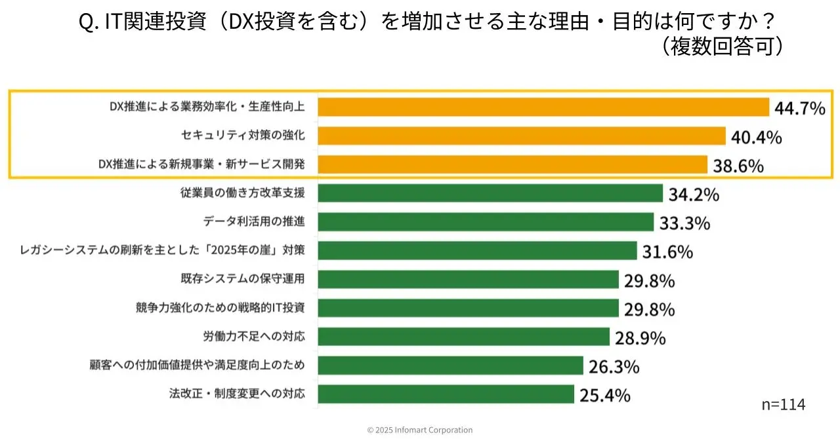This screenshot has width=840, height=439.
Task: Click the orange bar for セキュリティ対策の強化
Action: pyautogui.click(x=522, y=136)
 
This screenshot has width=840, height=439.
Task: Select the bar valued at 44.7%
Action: pyautogui.click(x=543, y=107)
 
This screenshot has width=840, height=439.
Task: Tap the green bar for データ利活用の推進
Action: pyautogui.click(x=486, y=222)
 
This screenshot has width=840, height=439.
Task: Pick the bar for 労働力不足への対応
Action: pyautogui.click(x=464, y=337)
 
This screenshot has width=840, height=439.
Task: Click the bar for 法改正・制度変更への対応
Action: pyautogui.click(x=446, y=394)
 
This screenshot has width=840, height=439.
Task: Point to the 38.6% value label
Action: pyautogui.click(x=738, y=166)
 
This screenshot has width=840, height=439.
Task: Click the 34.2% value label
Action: pyautogui.click(x=694, y=194)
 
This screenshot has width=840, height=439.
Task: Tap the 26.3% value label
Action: pyautogui.click(x=614, y=366)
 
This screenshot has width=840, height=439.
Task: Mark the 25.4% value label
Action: pyautogui.click(x=604, y=395)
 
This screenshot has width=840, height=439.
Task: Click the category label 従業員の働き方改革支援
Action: pyautogui.click(x=242, y=193)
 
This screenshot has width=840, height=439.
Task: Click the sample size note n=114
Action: pyautogui.click(x=783, y=404)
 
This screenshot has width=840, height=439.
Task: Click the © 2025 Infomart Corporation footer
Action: pyautogui.click(x=419, y=430)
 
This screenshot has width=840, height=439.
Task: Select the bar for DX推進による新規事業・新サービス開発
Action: pyautogui.click(x=513, y=164)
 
